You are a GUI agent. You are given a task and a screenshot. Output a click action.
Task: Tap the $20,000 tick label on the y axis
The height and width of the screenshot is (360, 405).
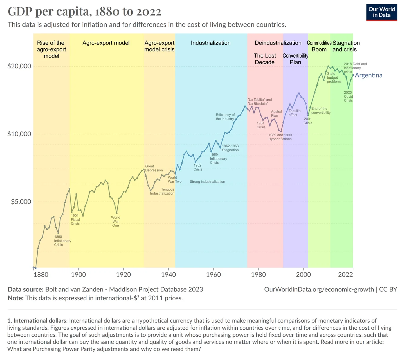pos(19,66)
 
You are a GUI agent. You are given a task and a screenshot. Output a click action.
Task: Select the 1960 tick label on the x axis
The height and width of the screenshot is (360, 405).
pos(214,274)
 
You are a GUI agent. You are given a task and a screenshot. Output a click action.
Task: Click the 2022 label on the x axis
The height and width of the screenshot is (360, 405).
pos(346,274)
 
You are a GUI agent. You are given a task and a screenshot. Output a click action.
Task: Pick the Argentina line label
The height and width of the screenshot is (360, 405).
pos(369,75)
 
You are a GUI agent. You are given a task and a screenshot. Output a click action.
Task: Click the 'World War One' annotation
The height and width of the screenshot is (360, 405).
pos(115,221)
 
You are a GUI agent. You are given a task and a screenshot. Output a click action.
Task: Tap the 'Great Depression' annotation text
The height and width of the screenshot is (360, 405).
pos(154,168)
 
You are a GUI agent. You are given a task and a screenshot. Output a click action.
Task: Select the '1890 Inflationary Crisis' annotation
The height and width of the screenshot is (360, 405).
pos(62,241)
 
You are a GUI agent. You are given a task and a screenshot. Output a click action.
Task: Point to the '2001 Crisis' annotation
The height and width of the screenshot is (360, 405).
pos(308,121)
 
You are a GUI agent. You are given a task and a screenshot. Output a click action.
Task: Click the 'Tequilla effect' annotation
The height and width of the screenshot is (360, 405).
pos(294,113)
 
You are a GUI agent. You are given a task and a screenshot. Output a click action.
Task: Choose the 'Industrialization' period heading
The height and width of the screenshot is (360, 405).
pos(211,43)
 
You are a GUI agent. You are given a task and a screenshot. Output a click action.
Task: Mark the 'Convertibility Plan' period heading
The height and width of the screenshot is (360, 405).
pos(295,59)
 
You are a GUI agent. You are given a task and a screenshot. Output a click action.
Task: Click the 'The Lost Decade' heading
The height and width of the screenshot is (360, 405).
pos(265,59)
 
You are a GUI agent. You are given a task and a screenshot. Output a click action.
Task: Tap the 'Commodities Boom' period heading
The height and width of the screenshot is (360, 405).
pos(319,46)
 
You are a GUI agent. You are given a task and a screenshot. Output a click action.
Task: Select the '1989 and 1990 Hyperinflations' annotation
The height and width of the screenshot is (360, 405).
pos(280,137)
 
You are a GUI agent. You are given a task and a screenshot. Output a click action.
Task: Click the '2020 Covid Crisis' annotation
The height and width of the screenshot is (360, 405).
pos(348,96)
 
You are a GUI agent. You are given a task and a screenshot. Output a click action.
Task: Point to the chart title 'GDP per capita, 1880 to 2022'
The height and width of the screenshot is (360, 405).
pos(84,11)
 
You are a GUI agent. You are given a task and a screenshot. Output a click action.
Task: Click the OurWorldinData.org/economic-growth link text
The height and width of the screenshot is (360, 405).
pos(319,289)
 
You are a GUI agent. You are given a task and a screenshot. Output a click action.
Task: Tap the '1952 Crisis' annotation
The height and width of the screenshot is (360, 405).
pos(198,167)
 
